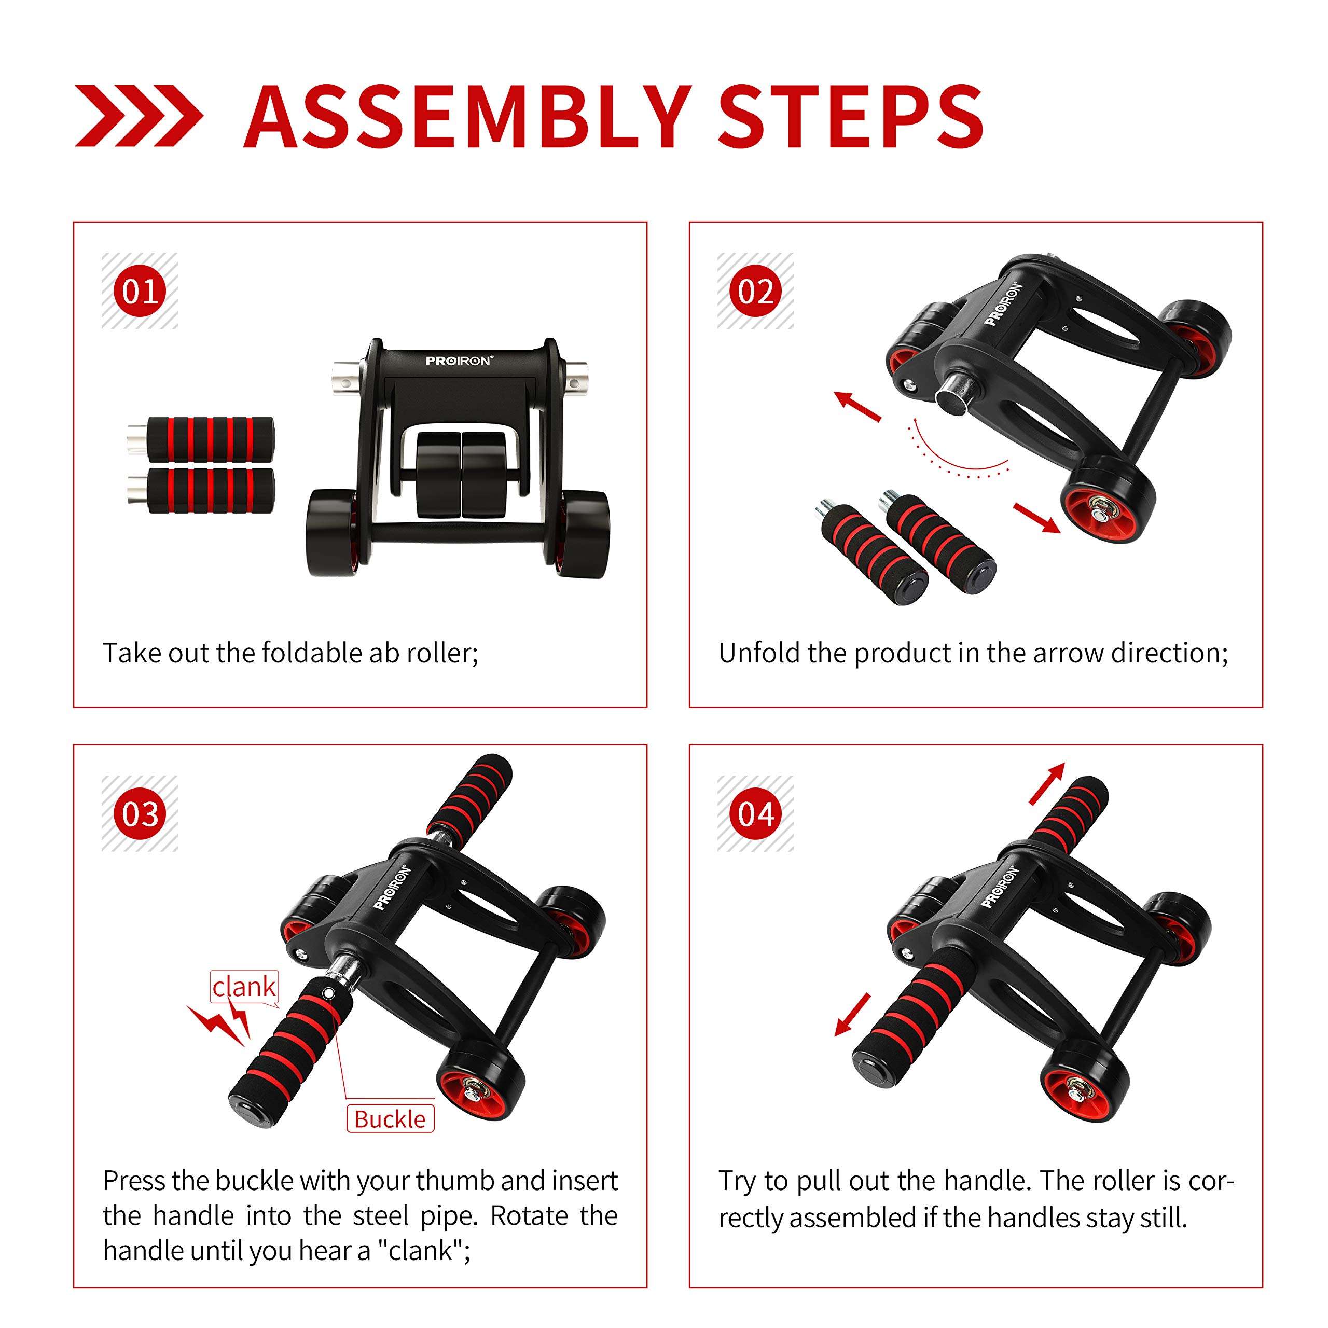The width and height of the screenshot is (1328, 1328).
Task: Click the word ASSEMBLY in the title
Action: coord(467,117)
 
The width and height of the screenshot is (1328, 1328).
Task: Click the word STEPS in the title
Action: coord(851,117)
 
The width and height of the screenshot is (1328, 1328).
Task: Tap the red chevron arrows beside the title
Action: coord(139,116)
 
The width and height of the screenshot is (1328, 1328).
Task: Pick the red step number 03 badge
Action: coord(140,813)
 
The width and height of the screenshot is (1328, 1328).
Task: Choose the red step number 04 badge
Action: coord(755,813)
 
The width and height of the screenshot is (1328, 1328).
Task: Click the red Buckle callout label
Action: coord(390,1119)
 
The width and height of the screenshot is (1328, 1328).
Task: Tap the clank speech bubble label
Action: coord(244,988)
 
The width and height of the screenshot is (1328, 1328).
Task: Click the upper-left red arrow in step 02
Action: coord(856,406)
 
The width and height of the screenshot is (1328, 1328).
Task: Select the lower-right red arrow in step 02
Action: coord(1037,517)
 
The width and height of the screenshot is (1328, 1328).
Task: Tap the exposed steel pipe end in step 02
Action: coord(951,395)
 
